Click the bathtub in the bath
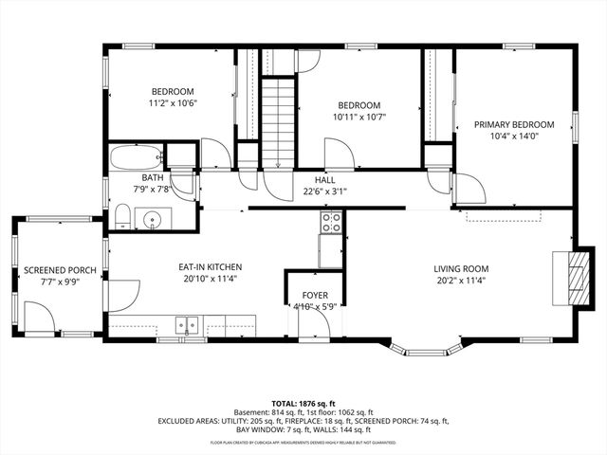click(135, 156)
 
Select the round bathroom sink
click(152, 221)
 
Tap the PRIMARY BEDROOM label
click(514, 124)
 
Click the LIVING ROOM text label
click(463, 268)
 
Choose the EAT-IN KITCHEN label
click(210, 268)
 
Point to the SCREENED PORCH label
click(60, 270)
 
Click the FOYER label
click(316, 296)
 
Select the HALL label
click(325, 178)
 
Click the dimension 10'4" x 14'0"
click(514, 136)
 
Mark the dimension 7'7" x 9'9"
click(60, 282)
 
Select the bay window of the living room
click(424, 347)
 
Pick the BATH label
click(153, 177)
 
